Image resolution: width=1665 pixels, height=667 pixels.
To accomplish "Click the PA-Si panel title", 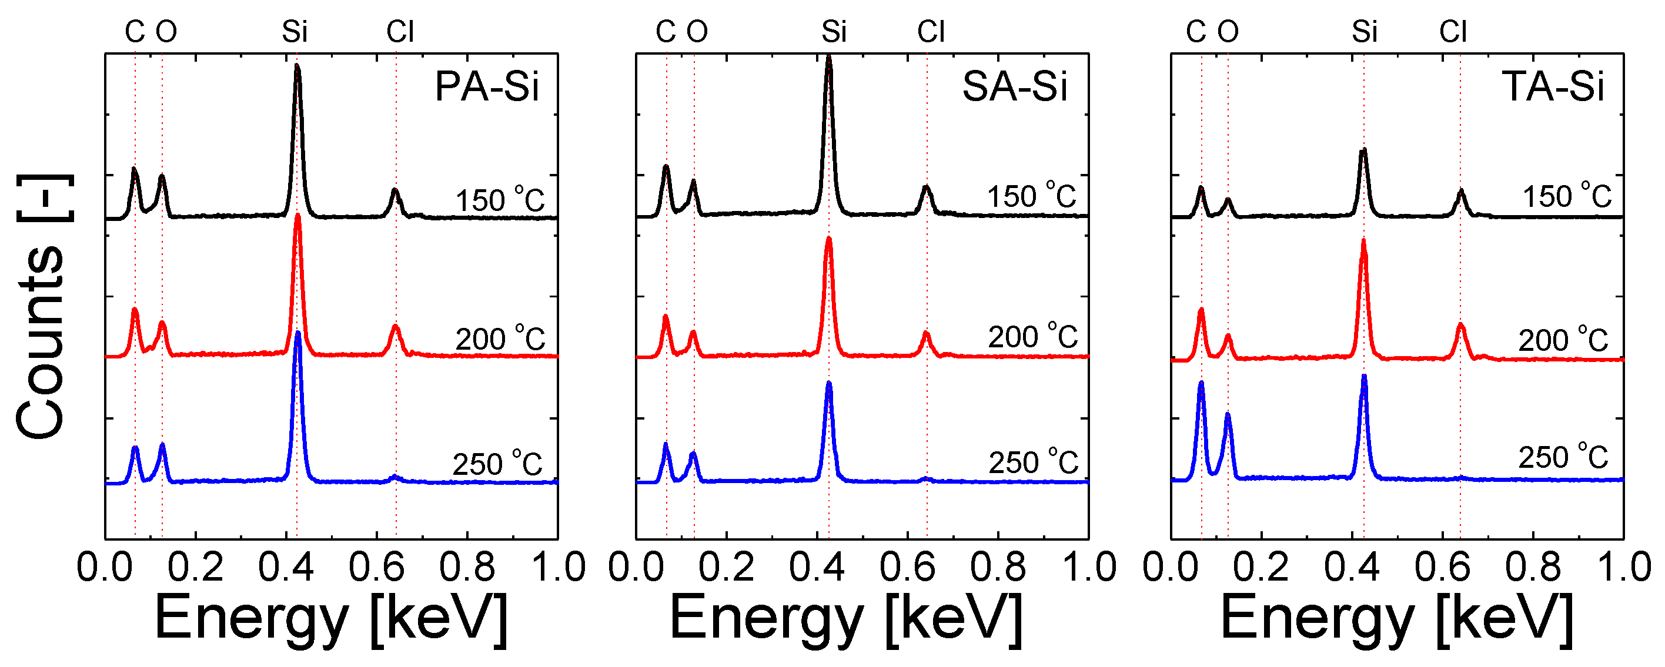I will pyautogui.click(x=486, y=86).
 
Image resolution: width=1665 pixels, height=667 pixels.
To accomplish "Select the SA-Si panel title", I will pyautogui.click(x=1014, y=86).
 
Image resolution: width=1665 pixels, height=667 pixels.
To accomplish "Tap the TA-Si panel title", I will pyautogui.click(x=1552, y=86).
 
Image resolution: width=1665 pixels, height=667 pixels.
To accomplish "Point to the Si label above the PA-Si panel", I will pyautogui.click(x=294, y=32).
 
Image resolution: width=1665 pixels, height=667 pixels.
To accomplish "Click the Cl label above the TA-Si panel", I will pyautogui.click(x=1452, y=32).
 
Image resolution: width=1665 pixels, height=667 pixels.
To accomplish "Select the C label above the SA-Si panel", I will pyautogui.click(x=666, y=32).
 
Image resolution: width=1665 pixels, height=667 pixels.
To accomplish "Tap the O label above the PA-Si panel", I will pyautogui.click(x=166, y=32).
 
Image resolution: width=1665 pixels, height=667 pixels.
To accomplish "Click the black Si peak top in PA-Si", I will pyautogui.click(x=297, y=66).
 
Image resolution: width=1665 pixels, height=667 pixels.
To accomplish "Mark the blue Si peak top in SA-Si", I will pyautogui.click(x=828, y=384).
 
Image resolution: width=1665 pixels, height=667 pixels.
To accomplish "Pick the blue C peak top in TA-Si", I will pyautogui.click(x=1201, y=383).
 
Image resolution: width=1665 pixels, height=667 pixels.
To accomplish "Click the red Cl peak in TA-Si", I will pyautogui.click(x=1460, y=326).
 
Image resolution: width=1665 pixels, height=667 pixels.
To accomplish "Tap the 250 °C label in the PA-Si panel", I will pyautogui.click(x=497, y=464).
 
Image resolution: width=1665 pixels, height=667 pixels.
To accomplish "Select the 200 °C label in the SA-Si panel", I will pyautogui.click(x=1033, y=337).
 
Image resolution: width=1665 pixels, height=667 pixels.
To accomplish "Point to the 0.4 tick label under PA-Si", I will pyautogui.click(x=286, y=568).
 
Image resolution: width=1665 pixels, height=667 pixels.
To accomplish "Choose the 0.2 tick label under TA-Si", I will pyautogui.click(x=1261, y=568).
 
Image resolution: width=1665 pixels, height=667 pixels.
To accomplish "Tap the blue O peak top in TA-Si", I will pyautogui.click(x=1228, y=414).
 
